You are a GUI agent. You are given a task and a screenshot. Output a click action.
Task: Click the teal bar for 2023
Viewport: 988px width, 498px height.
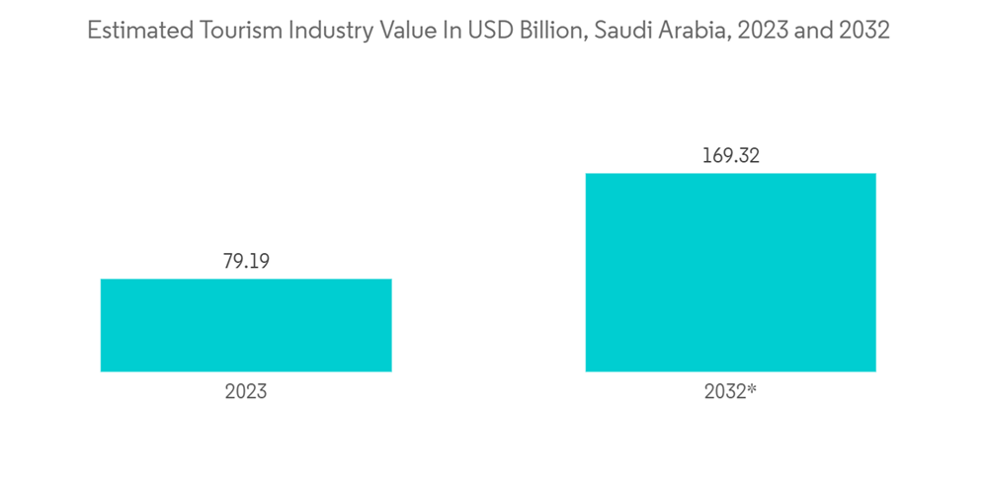coord(246,325)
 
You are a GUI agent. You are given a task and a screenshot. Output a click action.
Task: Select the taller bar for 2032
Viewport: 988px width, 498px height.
coord(730,273)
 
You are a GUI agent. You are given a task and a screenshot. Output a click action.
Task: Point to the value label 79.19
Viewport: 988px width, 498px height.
coord(246,262)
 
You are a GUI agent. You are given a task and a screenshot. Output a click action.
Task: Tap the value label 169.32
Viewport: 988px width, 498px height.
coord(730,156)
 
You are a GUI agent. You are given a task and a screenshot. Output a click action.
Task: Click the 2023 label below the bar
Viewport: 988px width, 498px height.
coord(246,391)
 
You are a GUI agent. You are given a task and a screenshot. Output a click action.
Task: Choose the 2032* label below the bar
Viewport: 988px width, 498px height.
coord(730,391)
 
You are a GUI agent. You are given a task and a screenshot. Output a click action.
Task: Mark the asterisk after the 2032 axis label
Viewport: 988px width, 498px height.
coord(752,389)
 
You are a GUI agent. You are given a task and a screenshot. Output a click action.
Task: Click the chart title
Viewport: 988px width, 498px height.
coord(488,31)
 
